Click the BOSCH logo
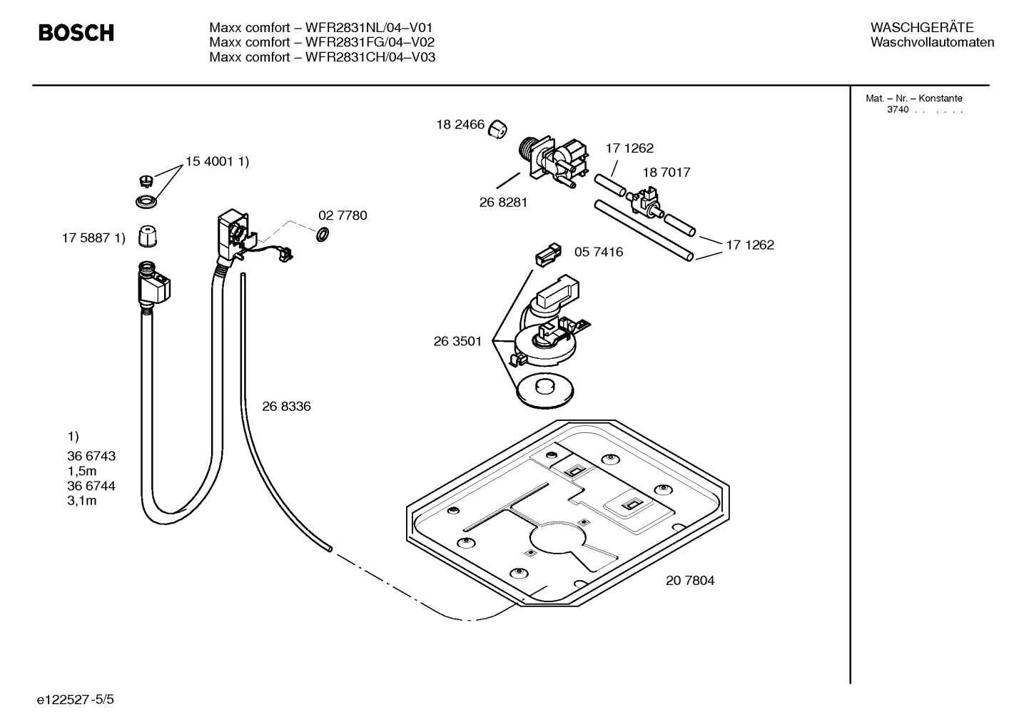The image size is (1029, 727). tap(76, 33)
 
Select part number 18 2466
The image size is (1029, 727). tap(460, 125)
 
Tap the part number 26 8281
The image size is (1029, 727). tap(503, 202)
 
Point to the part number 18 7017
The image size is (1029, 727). tap(666, 172)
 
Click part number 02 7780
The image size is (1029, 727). tap(343, 215)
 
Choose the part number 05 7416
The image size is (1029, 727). tap(598, 252)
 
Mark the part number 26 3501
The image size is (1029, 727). tap(457, 341)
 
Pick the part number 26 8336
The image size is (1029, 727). tap(286, 406)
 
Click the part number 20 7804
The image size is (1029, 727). tap(689, 580)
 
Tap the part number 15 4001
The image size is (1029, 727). tap(210, 162)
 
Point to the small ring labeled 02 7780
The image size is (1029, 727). tap(323, 234)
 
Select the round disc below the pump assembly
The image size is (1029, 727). tap(544, 392)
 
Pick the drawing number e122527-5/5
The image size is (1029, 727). tap(76, 699)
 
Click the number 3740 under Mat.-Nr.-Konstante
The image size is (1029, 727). tap(897, 110)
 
